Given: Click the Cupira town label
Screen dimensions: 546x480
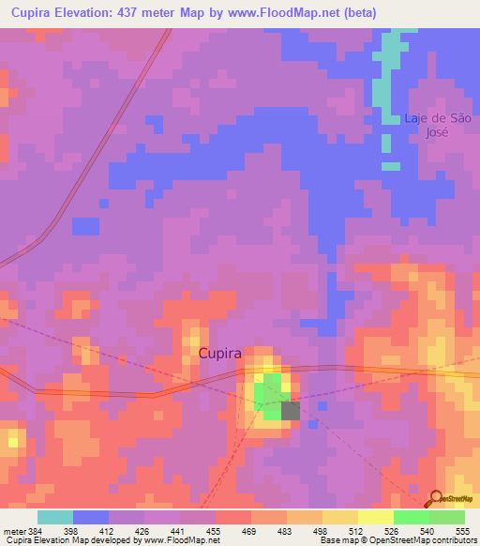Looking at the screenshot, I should pos(220,354).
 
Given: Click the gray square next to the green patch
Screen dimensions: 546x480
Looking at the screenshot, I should pos(291,410).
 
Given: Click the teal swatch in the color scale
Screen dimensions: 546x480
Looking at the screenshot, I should pos(54,517).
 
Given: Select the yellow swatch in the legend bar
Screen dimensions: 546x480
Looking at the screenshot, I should pos(375,517).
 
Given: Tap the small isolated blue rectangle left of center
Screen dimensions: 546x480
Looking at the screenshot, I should pos(85,226).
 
